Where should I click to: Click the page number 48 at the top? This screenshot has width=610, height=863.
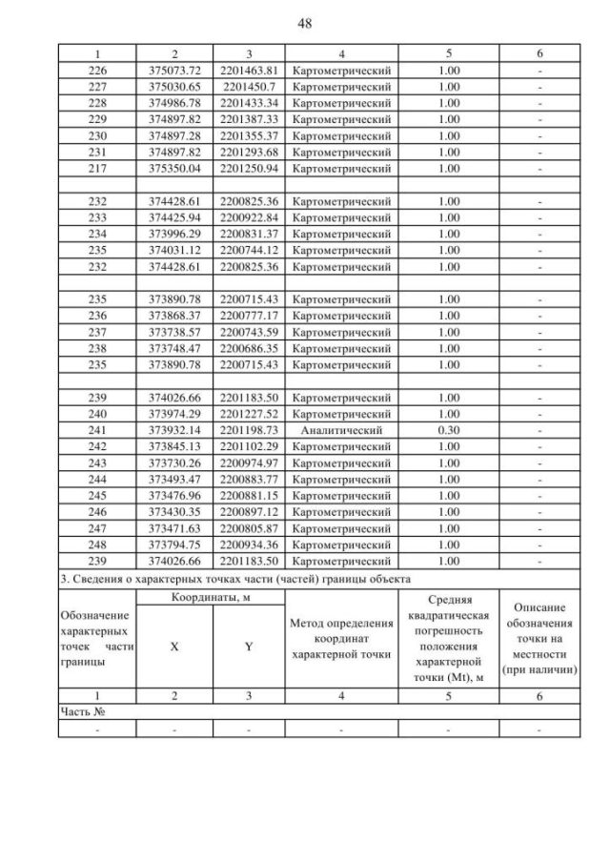(305, 22)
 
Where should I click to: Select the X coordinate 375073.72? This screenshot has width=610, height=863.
(173, 72)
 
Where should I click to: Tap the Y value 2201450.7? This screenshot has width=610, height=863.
(249, 87)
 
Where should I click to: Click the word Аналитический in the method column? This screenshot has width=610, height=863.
(340, 430)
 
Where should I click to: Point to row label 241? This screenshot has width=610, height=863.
(97, 430)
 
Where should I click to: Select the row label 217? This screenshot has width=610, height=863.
(97, 169)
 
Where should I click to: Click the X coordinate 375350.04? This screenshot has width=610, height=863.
(173, 169)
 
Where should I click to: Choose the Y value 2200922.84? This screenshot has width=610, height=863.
(249, 217)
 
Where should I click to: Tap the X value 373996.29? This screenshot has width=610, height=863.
(173, 234)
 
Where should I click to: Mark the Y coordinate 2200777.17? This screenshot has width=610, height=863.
(249, 316)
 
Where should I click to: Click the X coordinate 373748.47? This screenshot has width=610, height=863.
(173, 348)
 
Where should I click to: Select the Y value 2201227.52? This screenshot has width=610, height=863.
(249, 414)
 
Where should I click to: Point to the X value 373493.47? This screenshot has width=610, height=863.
(173, 479)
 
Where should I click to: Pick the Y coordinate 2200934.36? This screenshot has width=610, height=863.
(249, 545)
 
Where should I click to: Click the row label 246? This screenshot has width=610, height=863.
(97, 512)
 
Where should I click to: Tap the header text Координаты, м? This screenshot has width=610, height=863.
(211, 597)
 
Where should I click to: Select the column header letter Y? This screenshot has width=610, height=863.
(249, 646)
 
